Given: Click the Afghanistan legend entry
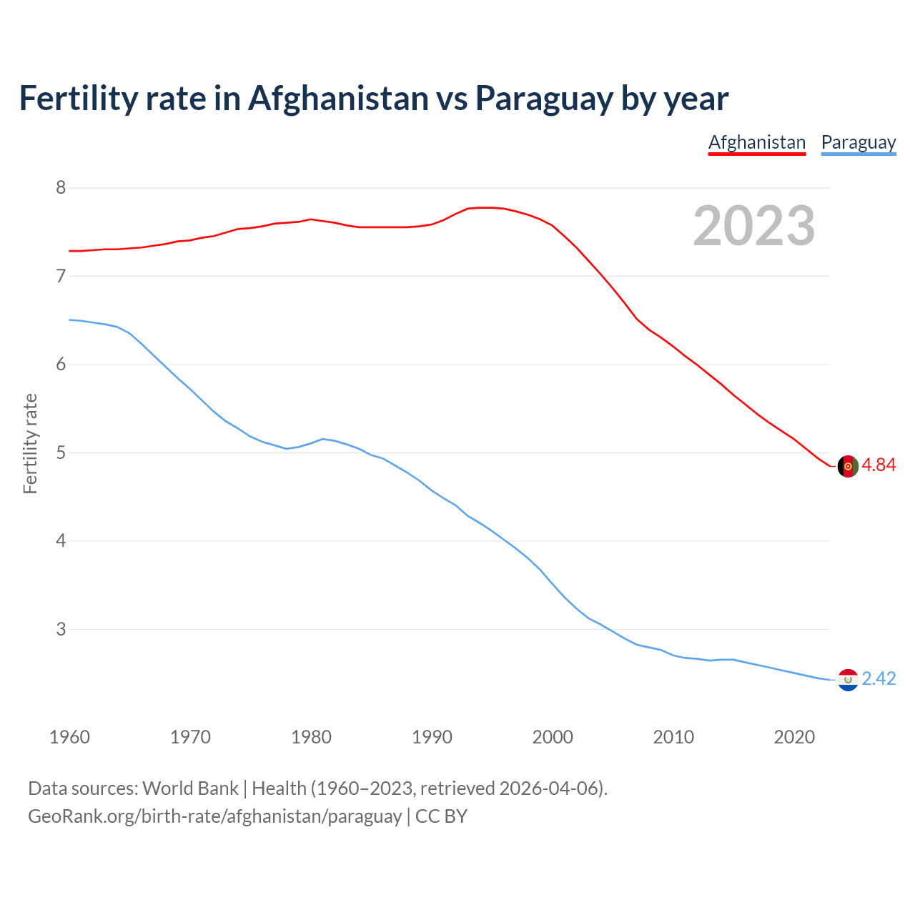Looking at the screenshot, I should [x=756, y=142].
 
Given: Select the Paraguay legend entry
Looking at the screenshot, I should [x=858, y=142].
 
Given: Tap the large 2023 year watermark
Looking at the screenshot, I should [x=753, y=226].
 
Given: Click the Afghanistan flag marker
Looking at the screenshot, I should [x=848, y=466].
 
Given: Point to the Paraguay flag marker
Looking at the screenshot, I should [x=848, y=680].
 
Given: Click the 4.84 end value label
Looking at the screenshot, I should [x=879, y=465].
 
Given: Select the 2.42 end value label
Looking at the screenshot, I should [x=879, y=679].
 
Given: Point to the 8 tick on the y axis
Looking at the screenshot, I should [x=61, y=188].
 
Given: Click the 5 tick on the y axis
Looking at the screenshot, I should [x=61, y=452].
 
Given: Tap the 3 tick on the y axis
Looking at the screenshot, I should [x=61, y=629].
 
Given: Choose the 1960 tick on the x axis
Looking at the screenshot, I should [x=69, y=737].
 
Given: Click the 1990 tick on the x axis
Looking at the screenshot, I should [x=432, y=737].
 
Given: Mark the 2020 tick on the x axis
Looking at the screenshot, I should [x=794, y=737].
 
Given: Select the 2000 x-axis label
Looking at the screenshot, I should [x=553, y=737].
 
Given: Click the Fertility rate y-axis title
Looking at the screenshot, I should [x=30, y=443].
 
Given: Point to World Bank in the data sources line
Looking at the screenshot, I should [x=190, y=788].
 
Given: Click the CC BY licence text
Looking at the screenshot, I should [x=441, y=816].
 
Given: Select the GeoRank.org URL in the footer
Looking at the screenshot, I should [x=214, y=816].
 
